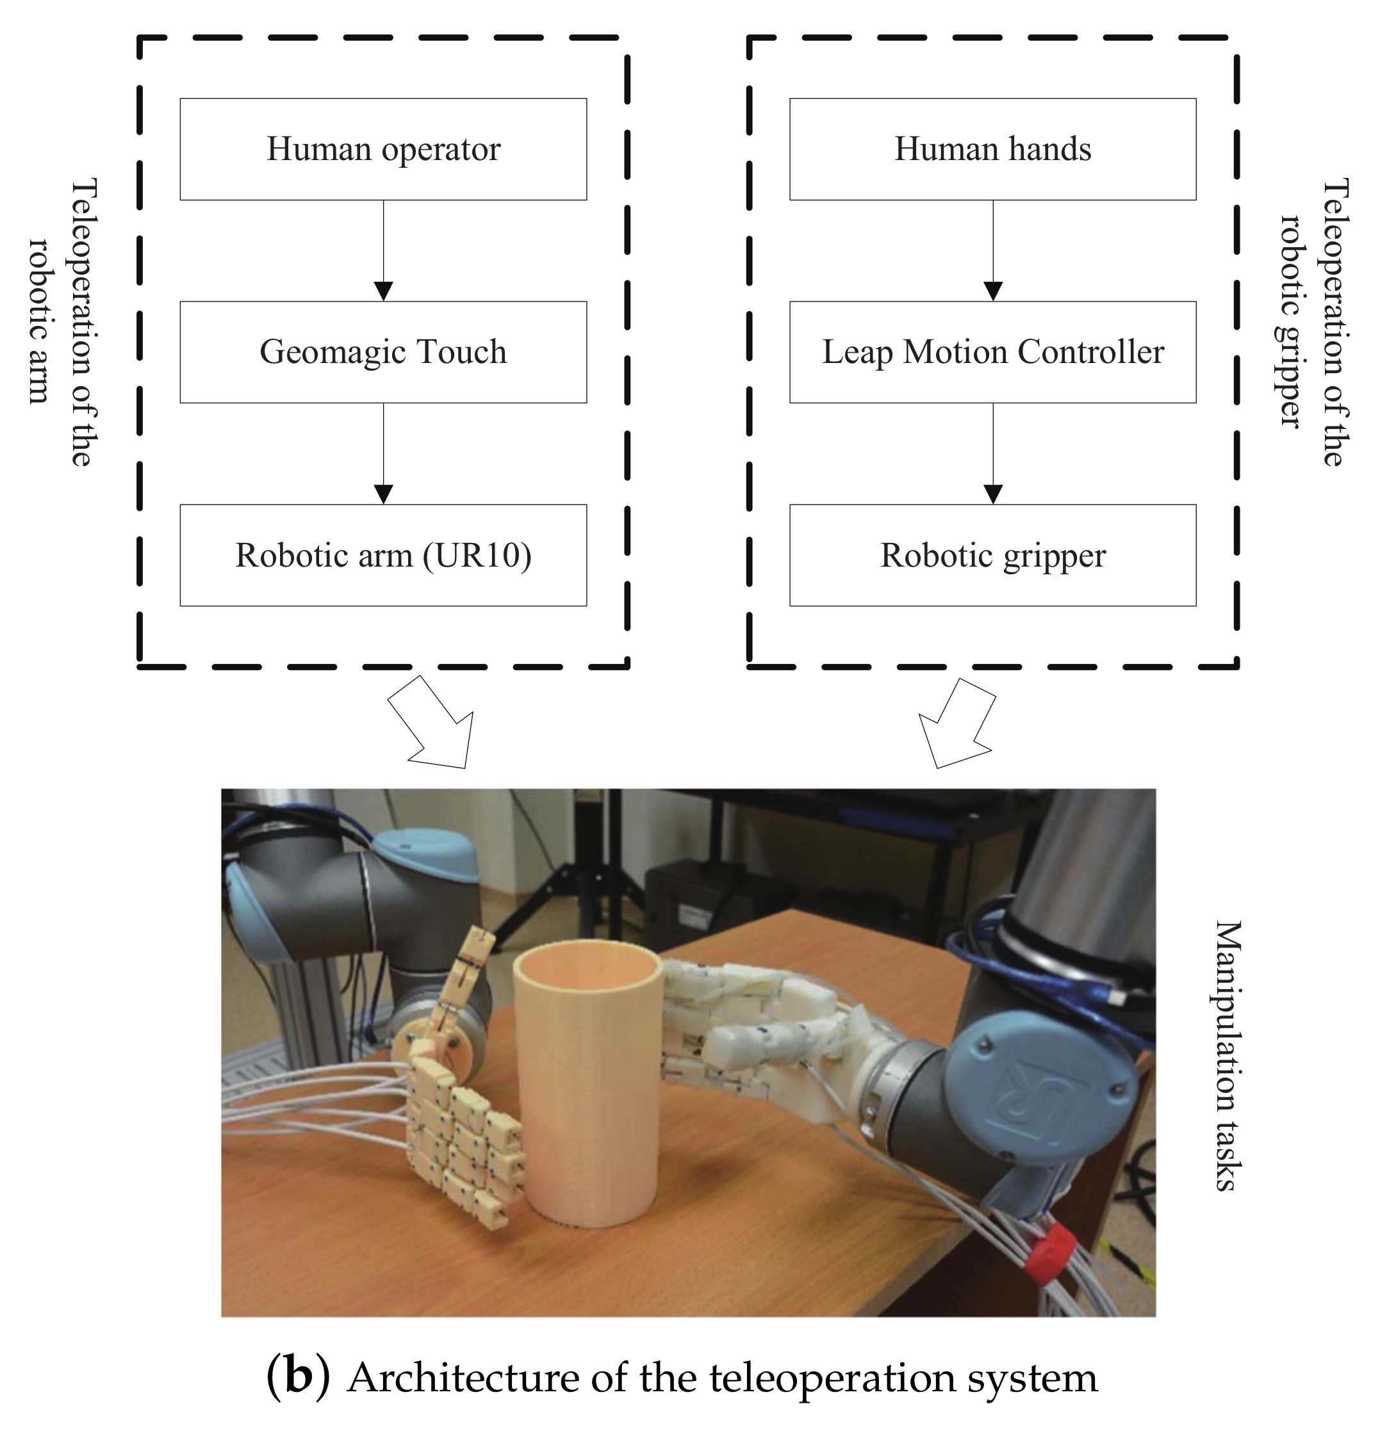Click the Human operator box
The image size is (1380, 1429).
(x=383, y=149)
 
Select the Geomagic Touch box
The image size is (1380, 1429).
(x=383, y=352)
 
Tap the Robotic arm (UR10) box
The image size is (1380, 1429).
(x=383, y=555)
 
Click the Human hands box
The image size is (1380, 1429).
(x=992, y=149)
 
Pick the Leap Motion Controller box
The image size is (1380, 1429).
(x=992, y=352)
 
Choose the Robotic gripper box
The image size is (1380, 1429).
(x=992, y=555)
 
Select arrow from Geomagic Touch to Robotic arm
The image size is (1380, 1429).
(x=383, y=453)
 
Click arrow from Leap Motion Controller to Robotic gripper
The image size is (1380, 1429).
(x=992, y=453)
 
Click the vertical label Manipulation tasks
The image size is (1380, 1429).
(x=1227, y=1056)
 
